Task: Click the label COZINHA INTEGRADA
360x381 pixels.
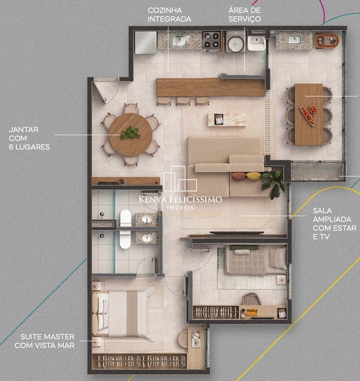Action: (x=169, y=15)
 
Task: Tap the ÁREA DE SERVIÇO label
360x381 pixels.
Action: (x=244, y=15)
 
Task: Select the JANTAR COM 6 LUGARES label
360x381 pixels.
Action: (x=29, y=138)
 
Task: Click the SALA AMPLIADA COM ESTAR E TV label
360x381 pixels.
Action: (x=334, y=223)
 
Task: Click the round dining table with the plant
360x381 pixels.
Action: (x=130, y=134)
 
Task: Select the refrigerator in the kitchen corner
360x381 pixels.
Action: (x=145, y=42)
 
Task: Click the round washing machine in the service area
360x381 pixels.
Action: (x=235, y=43)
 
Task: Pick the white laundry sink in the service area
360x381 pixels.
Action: (x=257, y=43)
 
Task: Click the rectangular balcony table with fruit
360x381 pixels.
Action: (x=309, y=113)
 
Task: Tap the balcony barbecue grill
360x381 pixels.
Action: (x=327, y=41)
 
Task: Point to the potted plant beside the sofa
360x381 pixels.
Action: (x=274, y=182)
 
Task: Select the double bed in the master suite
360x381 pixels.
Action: (x=124, y=312)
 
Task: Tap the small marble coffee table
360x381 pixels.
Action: (x=227, y=119)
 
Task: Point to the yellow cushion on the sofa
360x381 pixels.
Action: (x=252, y=176)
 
